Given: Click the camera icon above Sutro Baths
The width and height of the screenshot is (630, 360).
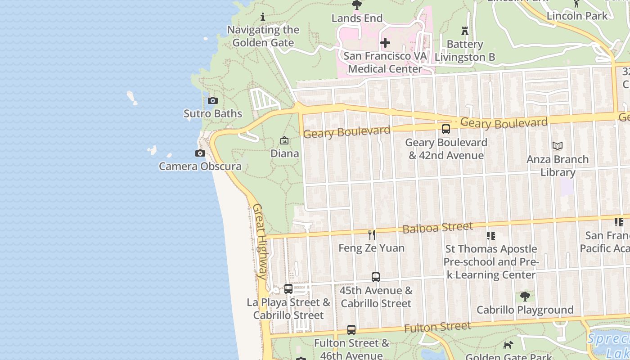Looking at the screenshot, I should click(213, 100).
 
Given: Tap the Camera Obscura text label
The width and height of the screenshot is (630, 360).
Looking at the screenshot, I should click(200, 166).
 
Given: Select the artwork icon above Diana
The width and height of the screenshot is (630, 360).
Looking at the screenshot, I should click(284, 140).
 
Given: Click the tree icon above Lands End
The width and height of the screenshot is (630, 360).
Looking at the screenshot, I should click(357, 5).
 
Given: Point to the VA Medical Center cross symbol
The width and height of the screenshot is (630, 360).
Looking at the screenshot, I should click(385, 43).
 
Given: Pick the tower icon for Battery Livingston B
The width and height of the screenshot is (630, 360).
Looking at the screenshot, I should click(465, 31).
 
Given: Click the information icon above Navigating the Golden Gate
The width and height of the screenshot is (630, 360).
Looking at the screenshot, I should click(263, 17).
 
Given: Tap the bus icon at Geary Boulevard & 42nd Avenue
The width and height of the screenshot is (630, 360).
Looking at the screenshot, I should click(445, 129).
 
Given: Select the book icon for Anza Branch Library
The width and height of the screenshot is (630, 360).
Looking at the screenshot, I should click(558, 146).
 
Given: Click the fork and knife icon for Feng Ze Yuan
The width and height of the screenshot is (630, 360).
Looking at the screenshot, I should click(372, 234).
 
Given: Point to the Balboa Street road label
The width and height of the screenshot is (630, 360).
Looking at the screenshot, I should click(437, 228).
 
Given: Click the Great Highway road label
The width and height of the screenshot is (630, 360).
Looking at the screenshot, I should click(260, 242).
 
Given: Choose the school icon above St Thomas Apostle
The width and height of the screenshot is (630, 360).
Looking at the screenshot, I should click(490, 235).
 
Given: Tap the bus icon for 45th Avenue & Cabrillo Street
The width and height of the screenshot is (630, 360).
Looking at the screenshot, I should click(376, 277).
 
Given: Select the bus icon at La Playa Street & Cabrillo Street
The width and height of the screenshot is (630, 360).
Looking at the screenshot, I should click(288, 289).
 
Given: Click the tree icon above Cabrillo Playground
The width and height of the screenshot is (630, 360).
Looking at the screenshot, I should click(525, 297).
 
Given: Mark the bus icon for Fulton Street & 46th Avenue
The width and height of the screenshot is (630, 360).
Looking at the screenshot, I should click(351, 330).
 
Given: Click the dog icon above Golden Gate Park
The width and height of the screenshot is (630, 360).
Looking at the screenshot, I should click(508, 345).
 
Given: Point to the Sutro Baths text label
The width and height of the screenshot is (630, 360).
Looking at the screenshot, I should click(213, 113).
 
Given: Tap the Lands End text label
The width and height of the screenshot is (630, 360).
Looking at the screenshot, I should click(357, 18).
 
